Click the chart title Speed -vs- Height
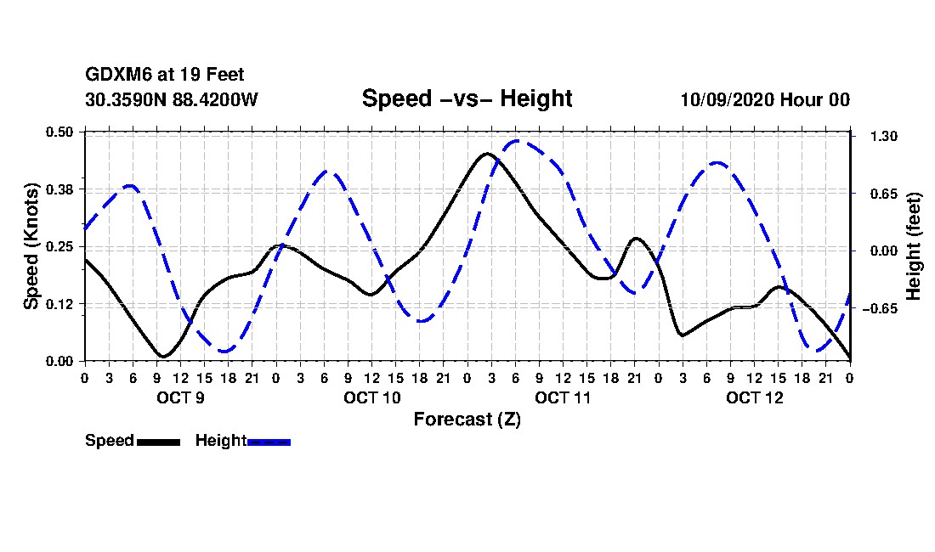point(467,99)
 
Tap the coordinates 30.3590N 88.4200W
point(172,99)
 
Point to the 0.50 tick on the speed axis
point(61,132)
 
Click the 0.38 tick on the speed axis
point(61,189)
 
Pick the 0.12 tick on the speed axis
point(61,304)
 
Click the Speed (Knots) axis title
point(31,245)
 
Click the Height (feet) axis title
point(915,246)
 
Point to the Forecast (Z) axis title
point(467,419)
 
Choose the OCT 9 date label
point(179,397)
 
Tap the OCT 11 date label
point(563,397)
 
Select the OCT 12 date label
point(754,397)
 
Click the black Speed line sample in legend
point(158,442)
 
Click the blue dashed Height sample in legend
point(269,442)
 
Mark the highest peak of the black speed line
point(487,154)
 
